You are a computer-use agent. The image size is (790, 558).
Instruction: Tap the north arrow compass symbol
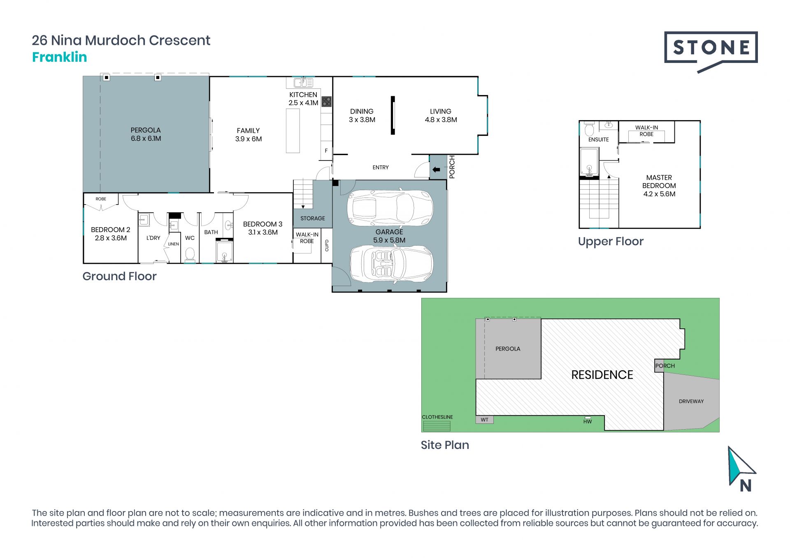pos(741,469)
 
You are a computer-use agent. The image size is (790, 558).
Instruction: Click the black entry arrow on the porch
pos(437,170)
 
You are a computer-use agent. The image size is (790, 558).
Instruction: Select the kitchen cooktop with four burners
pos(326,102)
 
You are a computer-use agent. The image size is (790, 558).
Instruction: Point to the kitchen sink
pos(303,83)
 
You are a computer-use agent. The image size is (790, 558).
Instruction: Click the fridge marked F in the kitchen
pos(326,151)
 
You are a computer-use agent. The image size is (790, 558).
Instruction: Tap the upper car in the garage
pos(390,207)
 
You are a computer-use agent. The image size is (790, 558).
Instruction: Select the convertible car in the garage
pos(391,264)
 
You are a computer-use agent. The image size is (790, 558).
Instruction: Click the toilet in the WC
pos(190,254)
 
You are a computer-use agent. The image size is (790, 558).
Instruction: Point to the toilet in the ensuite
pos(589,129)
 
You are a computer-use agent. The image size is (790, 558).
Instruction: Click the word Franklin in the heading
pos(60,57)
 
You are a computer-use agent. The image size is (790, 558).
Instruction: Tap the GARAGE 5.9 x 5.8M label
pos(389,236)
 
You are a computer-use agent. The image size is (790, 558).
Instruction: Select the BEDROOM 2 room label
pos(111,234)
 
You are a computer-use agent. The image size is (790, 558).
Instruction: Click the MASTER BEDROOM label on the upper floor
pos(659,186)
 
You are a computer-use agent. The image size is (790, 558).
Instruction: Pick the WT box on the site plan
pos(485,420)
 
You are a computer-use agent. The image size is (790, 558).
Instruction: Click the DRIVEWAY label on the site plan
pos(691,401)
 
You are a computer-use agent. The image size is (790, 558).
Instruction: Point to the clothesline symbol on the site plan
pos(437,426)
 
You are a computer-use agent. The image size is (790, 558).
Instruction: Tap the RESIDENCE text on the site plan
pos(602,375)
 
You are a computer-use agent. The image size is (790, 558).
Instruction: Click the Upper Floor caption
pos(611,242)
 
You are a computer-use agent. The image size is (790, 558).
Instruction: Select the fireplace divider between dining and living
pos(393,115)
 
